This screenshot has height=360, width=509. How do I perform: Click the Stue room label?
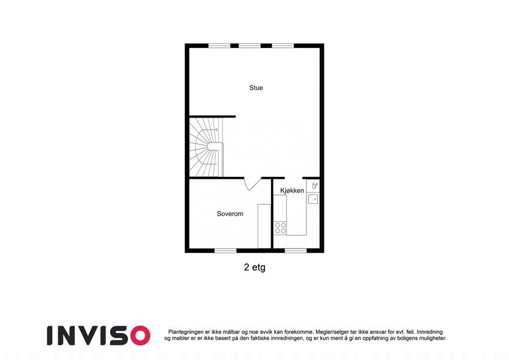[x=256, y=88]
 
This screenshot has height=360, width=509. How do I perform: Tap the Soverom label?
[x=230, y=214]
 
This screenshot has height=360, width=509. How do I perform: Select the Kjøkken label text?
[x=292, y=191]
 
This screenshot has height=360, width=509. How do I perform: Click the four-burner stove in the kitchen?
[x=280, y=228]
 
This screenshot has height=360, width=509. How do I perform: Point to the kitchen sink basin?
[x=313, y=199]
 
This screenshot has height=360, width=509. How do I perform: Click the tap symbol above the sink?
[x=315, y=186]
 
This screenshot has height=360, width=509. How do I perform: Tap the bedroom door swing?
[x=252, y=184]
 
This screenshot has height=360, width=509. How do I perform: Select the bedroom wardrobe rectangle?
[x=264, y=226]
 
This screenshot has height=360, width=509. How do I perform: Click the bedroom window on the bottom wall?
[x=225, y=251]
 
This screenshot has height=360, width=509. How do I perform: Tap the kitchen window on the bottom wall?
[x=296, y=251]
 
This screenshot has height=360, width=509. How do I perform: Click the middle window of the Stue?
[x=249, y=46]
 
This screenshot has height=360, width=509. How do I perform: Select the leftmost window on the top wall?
[x=219, y=46]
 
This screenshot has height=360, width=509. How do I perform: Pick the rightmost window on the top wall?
[x=283, y=46]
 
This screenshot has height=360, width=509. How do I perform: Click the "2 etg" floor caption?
[x=254, y=268]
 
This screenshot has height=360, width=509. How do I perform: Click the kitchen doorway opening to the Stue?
[x=293, y=178]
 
